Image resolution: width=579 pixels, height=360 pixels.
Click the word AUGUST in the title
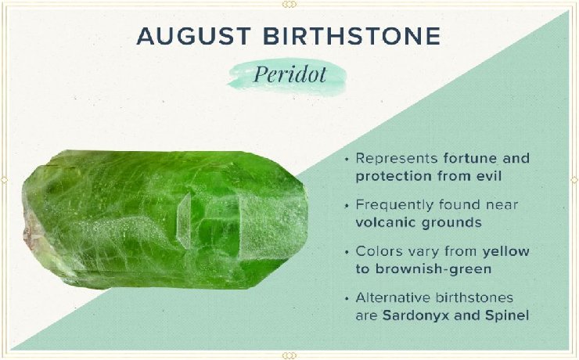(x=194, y=36)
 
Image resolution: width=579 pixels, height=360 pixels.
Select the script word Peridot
(x=290, y=74)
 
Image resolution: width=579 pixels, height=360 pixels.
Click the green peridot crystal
(x=164, y=219)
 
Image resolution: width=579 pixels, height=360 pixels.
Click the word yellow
(x=506, y=252)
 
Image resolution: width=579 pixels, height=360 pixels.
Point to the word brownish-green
(x=433, y=269)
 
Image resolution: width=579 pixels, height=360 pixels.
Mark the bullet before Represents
(x=347, y=160)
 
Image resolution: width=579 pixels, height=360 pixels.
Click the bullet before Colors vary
(x=347, y=253)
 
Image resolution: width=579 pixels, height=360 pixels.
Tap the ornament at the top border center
(x=289, y=5)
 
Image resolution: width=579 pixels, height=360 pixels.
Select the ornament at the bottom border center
(x=289, y=355)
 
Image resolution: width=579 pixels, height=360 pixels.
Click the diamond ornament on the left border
(x=4, y=180)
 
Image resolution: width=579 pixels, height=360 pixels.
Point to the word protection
(x=394, y=177)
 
